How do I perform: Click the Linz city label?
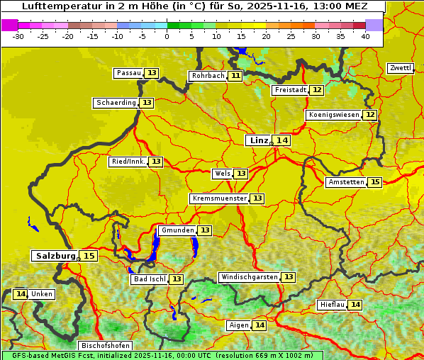pos(258,140)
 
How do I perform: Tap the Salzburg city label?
pos(55,256)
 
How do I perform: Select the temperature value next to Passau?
pos(152,73)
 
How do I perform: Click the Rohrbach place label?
pos(208,76)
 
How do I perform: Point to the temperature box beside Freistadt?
pos(317,90)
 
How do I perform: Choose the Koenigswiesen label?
pos(334,115)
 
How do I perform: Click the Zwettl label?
pos(401,68)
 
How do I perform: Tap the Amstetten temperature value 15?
pos(375,182)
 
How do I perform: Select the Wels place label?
pos(222,174)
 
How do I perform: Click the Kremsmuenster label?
pos(219,198)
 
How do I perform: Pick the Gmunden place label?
pos(177,230)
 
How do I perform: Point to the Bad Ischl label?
pos(149,279)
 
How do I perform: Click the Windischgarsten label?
pos(249,277)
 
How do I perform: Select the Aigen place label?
pos(238,325)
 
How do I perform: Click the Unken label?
pos(42,294)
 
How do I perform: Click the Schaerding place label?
pos(116,103)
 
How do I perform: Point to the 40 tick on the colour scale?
pos(364,35)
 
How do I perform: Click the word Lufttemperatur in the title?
pos(57,6)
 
